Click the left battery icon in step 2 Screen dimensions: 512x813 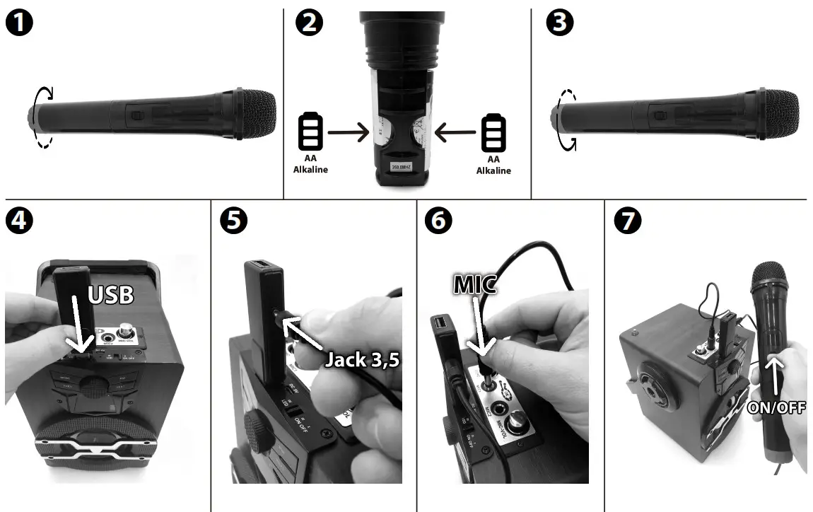click(311, 131)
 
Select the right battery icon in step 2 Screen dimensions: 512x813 click(493, 131)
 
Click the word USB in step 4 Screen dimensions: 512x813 click(111, 295)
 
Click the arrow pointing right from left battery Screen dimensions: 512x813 click(349, 131)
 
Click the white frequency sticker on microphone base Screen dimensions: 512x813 click(402, 168)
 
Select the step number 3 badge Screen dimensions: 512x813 click(561, 24)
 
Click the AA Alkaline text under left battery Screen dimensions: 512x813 click(311, 164)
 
